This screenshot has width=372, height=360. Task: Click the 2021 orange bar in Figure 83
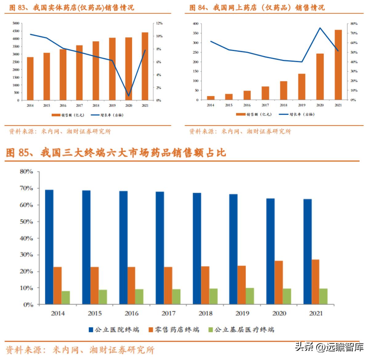145,66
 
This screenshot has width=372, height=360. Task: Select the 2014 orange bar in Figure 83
30,78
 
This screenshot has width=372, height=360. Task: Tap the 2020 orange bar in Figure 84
320,77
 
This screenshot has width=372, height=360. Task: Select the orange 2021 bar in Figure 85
315,282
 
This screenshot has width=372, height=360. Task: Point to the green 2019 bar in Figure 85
250,296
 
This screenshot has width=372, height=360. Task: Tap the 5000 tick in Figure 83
16,23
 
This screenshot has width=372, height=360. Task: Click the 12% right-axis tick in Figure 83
159,23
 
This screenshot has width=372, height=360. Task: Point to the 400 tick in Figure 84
195,24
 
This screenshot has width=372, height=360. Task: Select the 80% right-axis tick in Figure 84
354,24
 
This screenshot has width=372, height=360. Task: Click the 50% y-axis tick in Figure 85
26,222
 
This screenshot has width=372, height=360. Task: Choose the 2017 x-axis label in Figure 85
168,313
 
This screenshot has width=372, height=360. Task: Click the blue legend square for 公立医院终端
91,330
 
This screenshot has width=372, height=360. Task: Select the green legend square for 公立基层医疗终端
211,330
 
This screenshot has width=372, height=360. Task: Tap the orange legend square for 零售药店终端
151,330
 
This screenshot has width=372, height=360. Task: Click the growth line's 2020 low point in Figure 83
129,96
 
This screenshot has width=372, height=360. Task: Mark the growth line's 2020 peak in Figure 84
320,28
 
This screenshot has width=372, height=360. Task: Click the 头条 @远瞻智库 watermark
329,347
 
